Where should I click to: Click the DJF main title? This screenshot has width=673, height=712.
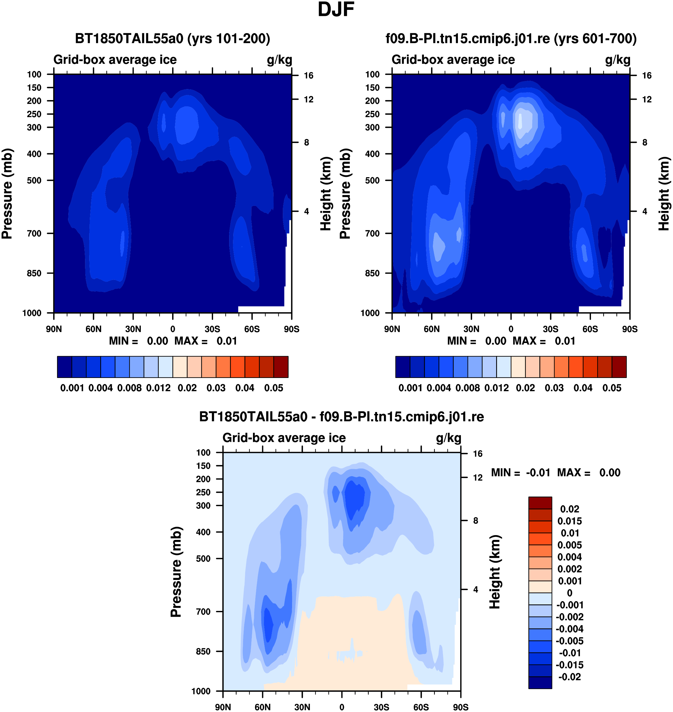click(x=336, y=10)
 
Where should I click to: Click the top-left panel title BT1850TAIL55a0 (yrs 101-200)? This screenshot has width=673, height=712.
click(x=172, y=39)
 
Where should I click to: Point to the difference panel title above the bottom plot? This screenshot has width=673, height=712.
click(x=342, y=417)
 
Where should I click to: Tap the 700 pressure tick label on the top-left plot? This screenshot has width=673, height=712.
click(x=34, y=234)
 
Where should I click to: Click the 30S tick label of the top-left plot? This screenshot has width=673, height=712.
click(x=212, y=329)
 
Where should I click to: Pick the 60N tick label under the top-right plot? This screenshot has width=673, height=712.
click(x=432, y=329)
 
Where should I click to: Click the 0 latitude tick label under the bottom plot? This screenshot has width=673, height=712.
click(x=342, y=707)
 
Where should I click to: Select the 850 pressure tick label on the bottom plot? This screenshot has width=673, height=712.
click(x=203, y=651)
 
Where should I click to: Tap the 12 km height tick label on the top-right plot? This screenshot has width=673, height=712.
click(x=647, y=99)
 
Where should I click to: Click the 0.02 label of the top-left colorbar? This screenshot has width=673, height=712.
click(x=187, y=388)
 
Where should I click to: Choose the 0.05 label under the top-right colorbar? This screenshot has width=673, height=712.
click(x=612, y=388)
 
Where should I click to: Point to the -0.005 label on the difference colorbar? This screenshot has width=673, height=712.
click(x=570, y=641)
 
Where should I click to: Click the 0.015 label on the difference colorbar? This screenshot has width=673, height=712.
click(x=570, y=521)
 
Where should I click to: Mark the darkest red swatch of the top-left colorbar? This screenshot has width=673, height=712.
click(x=281, y=367)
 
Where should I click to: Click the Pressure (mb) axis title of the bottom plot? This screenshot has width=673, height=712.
click(x=176, y=572)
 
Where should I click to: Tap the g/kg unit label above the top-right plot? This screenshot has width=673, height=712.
click(x=618, y=60)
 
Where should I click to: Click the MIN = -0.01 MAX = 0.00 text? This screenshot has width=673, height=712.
click(x=556, y=473)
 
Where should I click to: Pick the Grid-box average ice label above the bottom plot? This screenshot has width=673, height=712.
click(x=284, y=438)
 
